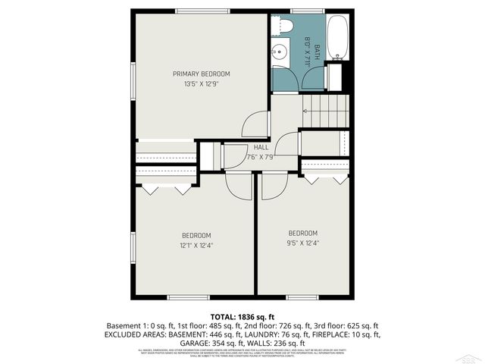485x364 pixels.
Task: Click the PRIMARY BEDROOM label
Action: pyautogui.click(x=201, y=74)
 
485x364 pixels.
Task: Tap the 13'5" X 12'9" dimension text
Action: pyautogui.click(x=201, y=83)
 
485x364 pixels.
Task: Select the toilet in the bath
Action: pyautogui.click(x=283, y=27)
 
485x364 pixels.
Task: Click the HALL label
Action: pyautogui.click(x=261, y=147)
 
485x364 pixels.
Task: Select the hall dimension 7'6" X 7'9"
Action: pyautogui.click(x=261, y=157)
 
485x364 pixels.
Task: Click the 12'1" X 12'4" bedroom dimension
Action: pyautogui.click(x=196, y=245)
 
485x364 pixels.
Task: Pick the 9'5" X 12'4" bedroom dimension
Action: pyautogui.click(x=302, y=243)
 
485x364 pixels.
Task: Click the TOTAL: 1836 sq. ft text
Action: pyautogui.click(x=242, y=316)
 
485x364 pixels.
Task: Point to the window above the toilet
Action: pyautogui.click(x=302, y=11)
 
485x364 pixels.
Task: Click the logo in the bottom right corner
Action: pyautogui.click(x=470, y=356)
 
